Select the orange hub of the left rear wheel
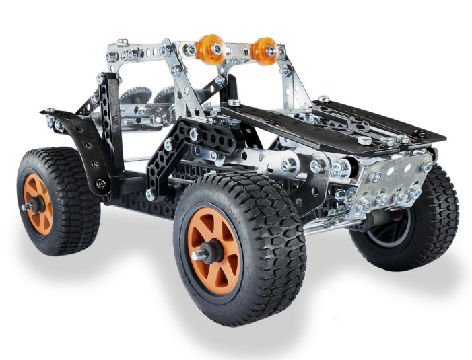[x=38, y=203]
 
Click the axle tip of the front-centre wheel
[x=199, y=255]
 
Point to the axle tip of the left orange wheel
[x=26, y=207]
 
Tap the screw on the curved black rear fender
[x=102, y=182]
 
